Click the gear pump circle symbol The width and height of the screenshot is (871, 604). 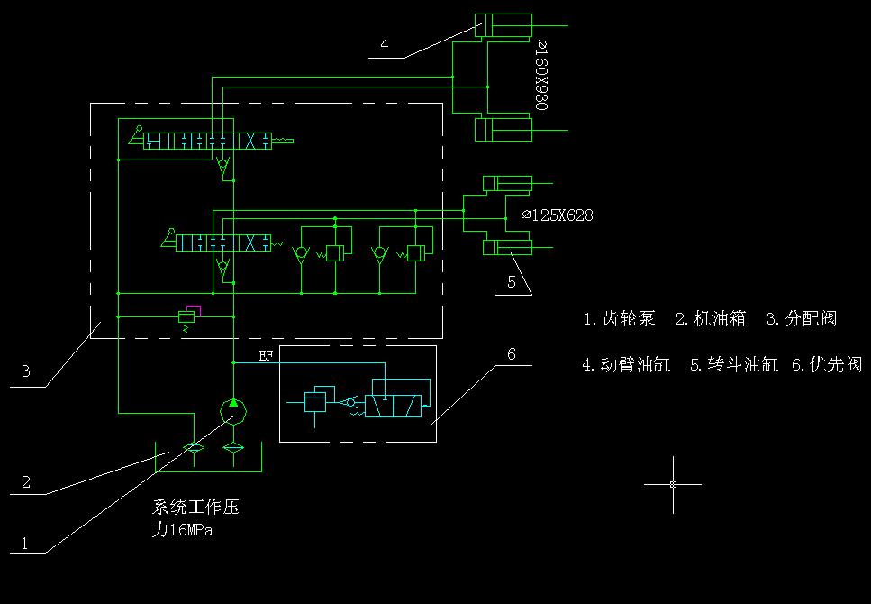coord(233,409)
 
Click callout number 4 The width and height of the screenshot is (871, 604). coord(385,45)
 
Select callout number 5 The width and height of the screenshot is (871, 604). coord(512,282)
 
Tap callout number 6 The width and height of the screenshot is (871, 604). coord(512,354)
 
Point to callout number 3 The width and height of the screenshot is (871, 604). coord(26,371)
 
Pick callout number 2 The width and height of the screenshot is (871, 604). coord(26,482)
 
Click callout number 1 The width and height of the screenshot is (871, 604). coord(25,544)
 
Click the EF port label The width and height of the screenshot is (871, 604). coord(266,356)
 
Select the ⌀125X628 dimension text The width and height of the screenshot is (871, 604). coord(558,216)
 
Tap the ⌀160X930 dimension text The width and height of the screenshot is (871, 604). coord(541,74)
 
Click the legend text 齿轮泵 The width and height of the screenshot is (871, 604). coord(629,319)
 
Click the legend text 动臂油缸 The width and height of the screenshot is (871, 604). coord(635,365)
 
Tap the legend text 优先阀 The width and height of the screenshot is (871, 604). coord(835,365)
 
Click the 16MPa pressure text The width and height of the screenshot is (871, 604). coord(191,531)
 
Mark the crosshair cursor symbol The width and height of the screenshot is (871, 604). coord(673,484)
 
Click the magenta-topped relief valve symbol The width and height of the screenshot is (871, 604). coord(188,316)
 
